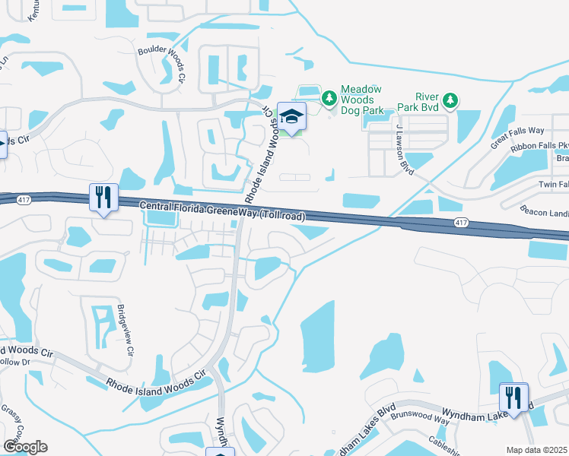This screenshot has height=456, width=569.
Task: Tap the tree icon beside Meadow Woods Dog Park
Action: tap(329, 98)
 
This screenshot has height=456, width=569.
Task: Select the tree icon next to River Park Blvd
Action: tap(450, 100)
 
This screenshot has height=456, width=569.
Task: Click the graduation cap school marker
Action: tap(291, 116)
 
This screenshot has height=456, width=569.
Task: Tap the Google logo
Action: tap(25, 447)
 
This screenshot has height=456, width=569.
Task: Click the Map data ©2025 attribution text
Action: tap(537, 449)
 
